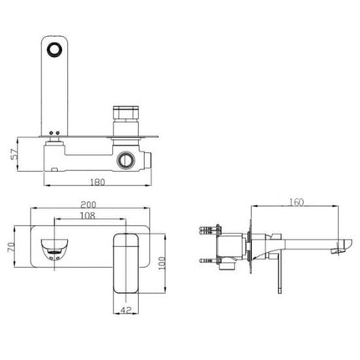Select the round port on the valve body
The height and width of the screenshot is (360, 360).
tap(128, 157)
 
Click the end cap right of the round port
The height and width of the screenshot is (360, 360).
tap(149, 157)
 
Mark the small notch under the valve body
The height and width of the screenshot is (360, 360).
tap(52, 168)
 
